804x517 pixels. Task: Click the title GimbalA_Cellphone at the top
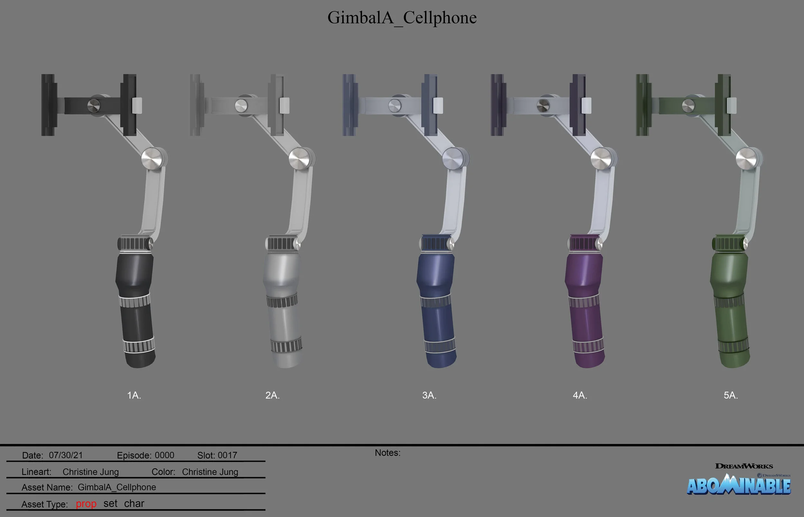click(x=402, y=17)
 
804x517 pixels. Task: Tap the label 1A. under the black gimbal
click(x=134, y=395)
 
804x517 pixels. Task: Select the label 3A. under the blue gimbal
click(x=429, y=395)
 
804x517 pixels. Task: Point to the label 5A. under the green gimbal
click(x=730, y=395)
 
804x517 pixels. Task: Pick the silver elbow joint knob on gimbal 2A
click(x=299, y=159)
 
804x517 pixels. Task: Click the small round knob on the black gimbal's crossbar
click(x=94, y=106)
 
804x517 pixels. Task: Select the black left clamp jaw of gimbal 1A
click(x=48, y=105)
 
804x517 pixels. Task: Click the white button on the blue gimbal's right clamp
click(x=438, y=106)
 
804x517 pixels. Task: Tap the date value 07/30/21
click(x=66, y=455)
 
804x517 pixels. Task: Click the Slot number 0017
click(x=227, y=455)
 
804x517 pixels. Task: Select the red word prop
click(x=86, y=504)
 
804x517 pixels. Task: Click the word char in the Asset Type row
click(x=134, y=503)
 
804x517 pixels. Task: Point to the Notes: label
click(x=388, y=453)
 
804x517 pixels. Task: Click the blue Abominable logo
click(x=738, y=485)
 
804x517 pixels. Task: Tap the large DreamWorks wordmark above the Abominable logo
click(x=744, y=466)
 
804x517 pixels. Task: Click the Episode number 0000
click(x=164, y=455)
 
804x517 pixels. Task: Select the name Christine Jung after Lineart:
click(x=91, y=472)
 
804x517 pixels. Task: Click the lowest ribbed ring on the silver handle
click(x=286, y=345)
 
